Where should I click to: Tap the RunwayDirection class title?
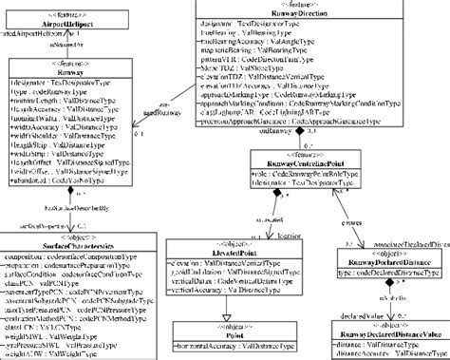click(280, 15)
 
